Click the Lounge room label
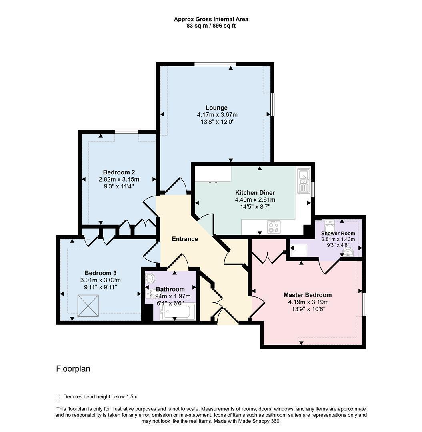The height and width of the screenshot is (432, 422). pyautogui.click(x=216, y=108)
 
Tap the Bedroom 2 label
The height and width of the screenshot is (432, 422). pyautogui.click(x=119, y=172)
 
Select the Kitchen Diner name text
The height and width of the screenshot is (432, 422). pyautogui.click(x=255, y=193)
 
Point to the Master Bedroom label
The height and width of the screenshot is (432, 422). pyautogui.click(x=308, y=295)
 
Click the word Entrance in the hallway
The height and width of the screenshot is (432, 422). pyautogui.click(x=185, y=239)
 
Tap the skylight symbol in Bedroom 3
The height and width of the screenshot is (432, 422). pyautogui.click(x=88, y=306)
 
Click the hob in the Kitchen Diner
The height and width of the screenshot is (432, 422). pyautogui.click(x=274, y=227)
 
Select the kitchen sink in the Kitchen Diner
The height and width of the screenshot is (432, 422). pyautogui.click(x=304, y=181)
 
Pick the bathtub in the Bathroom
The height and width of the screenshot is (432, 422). pyautogui.click(x=179, y=311)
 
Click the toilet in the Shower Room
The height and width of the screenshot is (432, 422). pyautogui.click(x=329, y=226)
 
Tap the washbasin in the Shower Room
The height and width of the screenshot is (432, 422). pyautogui.click(x=348, y=252)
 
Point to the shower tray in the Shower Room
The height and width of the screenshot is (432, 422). pyautogui.click(x=298, y=250)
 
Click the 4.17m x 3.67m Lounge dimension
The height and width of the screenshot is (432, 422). pyautogui.click(x=217, y=115)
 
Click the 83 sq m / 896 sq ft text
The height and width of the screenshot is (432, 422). pyautogui.click(x=211, y=26)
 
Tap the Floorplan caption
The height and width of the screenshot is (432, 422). pyautogui.click(x=73, y=369)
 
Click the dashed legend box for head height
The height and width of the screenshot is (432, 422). pyautogui.click(x=58, y=398)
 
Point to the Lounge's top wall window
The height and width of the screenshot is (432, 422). pyautogui.click(x=215, y=64)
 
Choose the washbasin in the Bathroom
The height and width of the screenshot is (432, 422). pyautogui.click(x=150, y=278)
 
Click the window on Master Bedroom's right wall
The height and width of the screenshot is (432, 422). pyautogui.click(x=364, y=304)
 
